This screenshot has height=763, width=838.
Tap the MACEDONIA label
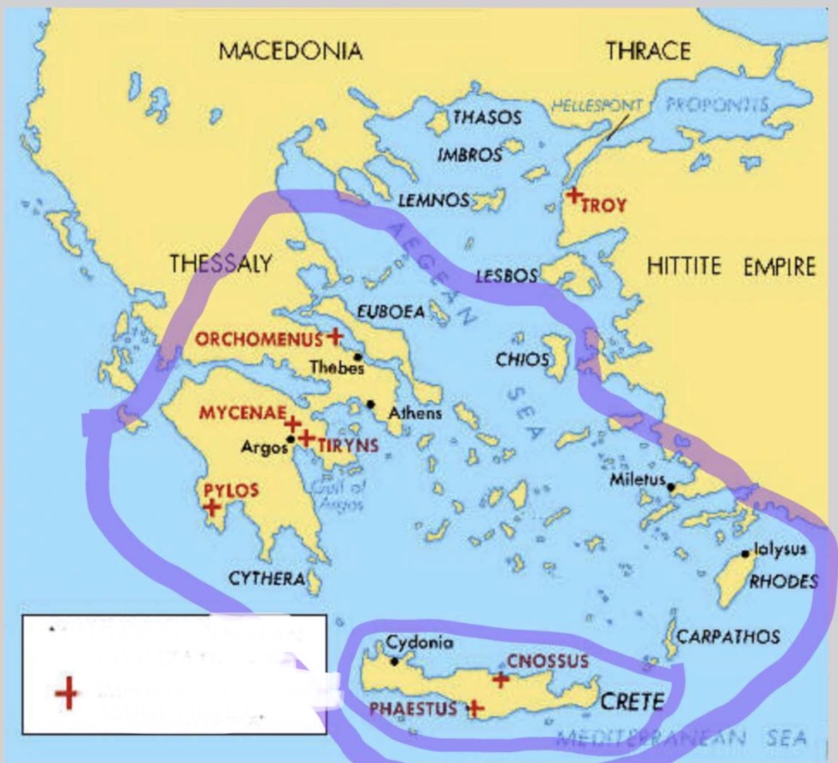pos(291,51)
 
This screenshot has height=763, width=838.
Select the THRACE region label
pos(647,51)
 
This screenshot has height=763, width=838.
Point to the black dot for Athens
pos(370,403)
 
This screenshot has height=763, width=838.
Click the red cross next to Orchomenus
pos(334,335)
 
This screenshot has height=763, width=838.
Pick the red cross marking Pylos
pos(212,507)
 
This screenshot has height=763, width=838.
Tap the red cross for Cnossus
pos(500,680)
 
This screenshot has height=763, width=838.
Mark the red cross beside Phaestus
pos(474,709)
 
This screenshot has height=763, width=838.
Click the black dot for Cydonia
pos(395,661)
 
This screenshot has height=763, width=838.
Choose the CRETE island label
pos(632,701)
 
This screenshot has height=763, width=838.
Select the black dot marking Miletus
pos(671,488)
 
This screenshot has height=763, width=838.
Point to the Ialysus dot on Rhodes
pos(746,554)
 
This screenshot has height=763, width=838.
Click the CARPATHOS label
pos(728,637)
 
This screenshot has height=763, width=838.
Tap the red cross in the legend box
pos(66,693)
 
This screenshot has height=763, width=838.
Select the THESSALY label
pos(221,263)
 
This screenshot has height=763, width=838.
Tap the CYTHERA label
pos(266,579)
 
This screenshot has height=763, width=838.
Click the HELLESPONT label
pos(596,106)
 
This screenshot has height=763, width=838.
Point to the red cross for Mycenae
pos(292,423)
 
